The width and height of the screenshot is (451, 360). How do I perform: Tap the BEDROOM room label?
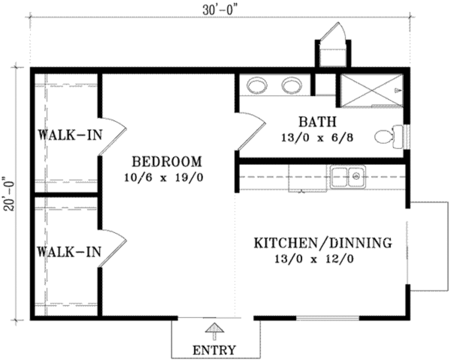tap(167, 162)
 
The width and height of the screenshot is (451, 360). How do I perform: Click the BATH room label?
tap(317, 121)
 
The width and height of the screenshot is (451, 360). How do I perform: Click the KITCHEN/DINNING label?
tap(323, 243)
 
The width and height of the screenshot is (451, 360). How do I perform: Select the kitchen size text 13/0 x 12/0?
tap(313, 259)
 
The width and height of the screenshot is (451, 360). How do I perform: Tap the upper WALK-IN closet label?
tap(70, 135)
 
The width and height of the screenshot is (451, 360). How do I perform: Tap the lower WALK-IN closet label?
tap(69, 252)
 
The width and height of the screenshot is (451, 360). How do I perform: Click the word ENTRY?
tap(214, 350)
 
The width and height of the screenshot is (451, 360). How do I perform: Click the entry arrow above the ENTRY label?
tap(214, 330)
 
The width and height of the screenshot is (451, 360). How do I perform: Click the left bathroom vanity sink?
tap(257, 85)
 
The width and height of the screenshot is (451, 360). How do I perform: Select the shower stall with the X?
tap(372, 90)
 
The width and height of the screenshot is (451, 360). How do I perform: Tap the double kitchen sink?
tap(348, 177)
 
